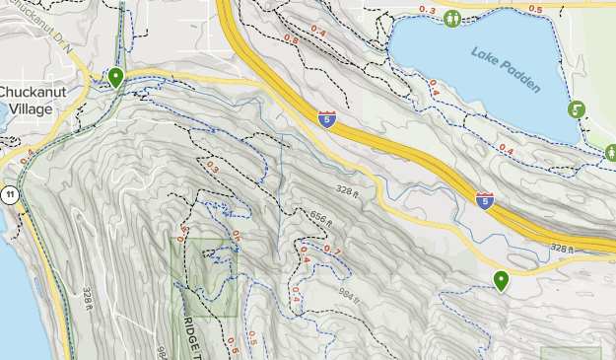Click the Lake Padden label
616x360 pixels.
[506, 70]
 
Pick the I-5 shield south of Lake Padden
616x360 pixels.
[485, 200]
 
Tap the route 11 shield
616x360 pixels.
[10, 193]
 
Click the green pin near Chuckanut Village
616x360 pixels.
[116, 77]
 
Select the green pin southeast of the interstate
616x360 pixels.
[502, 281]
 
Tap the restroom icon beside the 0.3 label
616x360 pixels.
[452, 18]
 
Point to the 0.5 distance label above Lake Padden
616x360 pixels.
[535, 10]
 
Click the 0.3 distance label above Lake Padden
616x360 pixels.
[427, 10]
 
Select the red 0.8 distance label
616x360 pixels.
[291, 39]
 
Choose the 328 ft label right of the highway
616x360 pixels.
[562, 248]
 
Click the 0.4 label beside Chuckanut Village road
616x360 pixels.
[26, 153]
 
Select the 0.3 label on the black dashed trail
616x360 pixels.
[212, 168]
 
